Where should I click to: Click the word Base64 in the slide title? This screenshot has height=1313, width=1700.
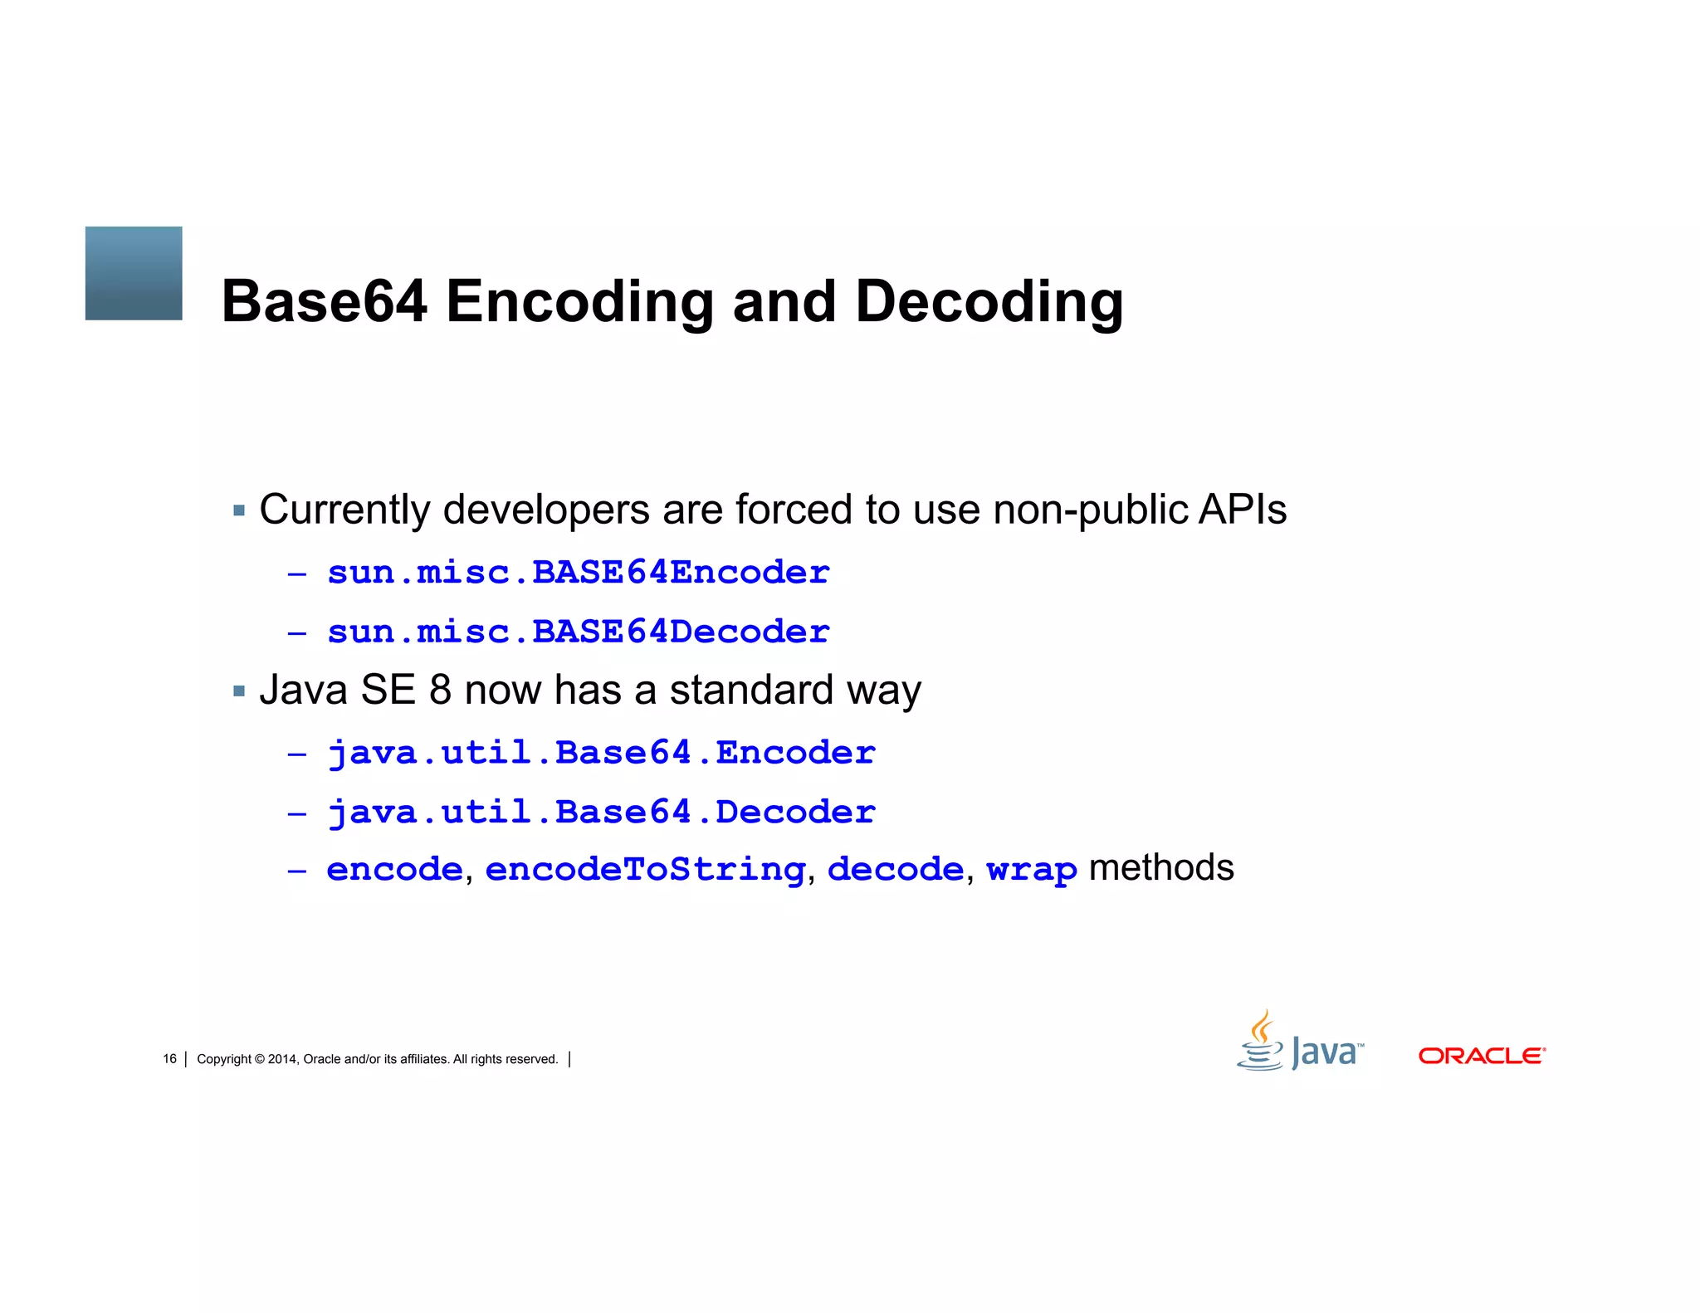point(324,300)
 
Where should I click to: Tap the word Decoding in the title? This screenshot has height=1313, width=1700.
point(989,302)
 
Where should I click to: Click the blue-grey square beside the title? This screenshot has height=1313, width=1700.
point(134,273)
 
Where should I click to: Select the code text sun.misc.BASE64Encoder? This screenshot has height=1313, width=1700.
point(579,573)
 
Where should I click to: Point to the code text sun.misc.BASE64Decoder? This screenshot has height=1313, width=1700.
point(579,632)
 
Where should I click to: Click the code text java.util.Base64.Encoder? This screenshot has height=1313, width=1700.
point(602,753)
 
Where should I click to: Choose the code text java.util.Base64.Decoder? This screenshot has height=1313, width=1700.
point(602,813)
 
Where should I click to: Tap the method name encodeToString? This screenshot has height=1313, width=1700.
point(645,869)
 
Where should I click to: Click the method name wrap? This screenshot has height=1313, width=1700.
point(1031,870)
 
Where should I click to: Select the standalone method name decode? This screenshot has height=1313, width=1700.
point(895,869)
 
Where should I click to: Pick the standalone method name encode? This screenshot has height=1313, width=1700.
point(394,869)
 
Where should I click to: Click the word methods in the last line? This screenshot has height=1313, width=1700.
point(1160,868)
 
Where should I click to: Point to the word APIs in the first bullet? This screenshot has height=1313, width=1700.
point(1243,510)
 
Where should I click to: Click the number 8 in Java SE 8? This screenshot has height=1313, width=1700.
point(440,690)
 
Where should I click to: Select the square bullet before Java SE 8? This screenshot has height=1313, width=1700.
point(239,691)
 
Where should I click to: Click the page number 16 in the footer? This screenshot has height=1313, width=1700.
point(169,1059)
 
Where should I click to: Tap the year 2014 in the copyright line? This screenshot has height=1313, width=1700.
point(281,1059)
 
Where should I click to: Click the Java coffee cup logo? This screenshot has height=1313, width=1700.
point(1261,1042)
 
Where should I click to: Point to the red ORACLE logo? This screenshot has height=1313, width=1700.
point(1482,1056)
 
